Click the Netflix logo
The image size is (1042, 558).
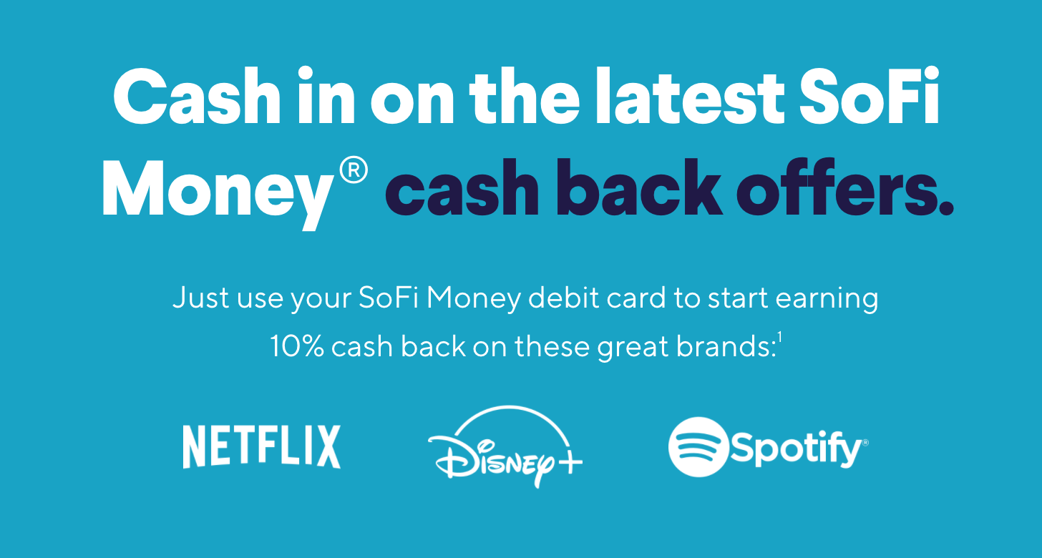click(x=261, y=446)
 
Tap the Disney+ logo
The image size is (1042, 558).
click(x=505, y=446)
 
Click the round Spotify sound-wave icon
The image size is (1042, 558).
click(x=698, y=447)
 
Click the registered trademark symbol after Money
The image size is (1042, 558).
click(x=354, y=170)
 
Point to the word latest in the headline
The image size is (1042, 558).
click(x=691, y=96)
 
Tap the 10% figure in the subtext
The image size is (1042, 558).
click(x=297, y=346)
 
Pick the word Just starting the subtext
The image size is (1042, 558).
click(x=201, y=298)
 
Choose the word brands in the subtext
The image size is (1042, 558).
click(x=725, y=346)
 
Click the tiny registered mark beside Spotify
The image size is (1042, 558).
click(x=865, y=443)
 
